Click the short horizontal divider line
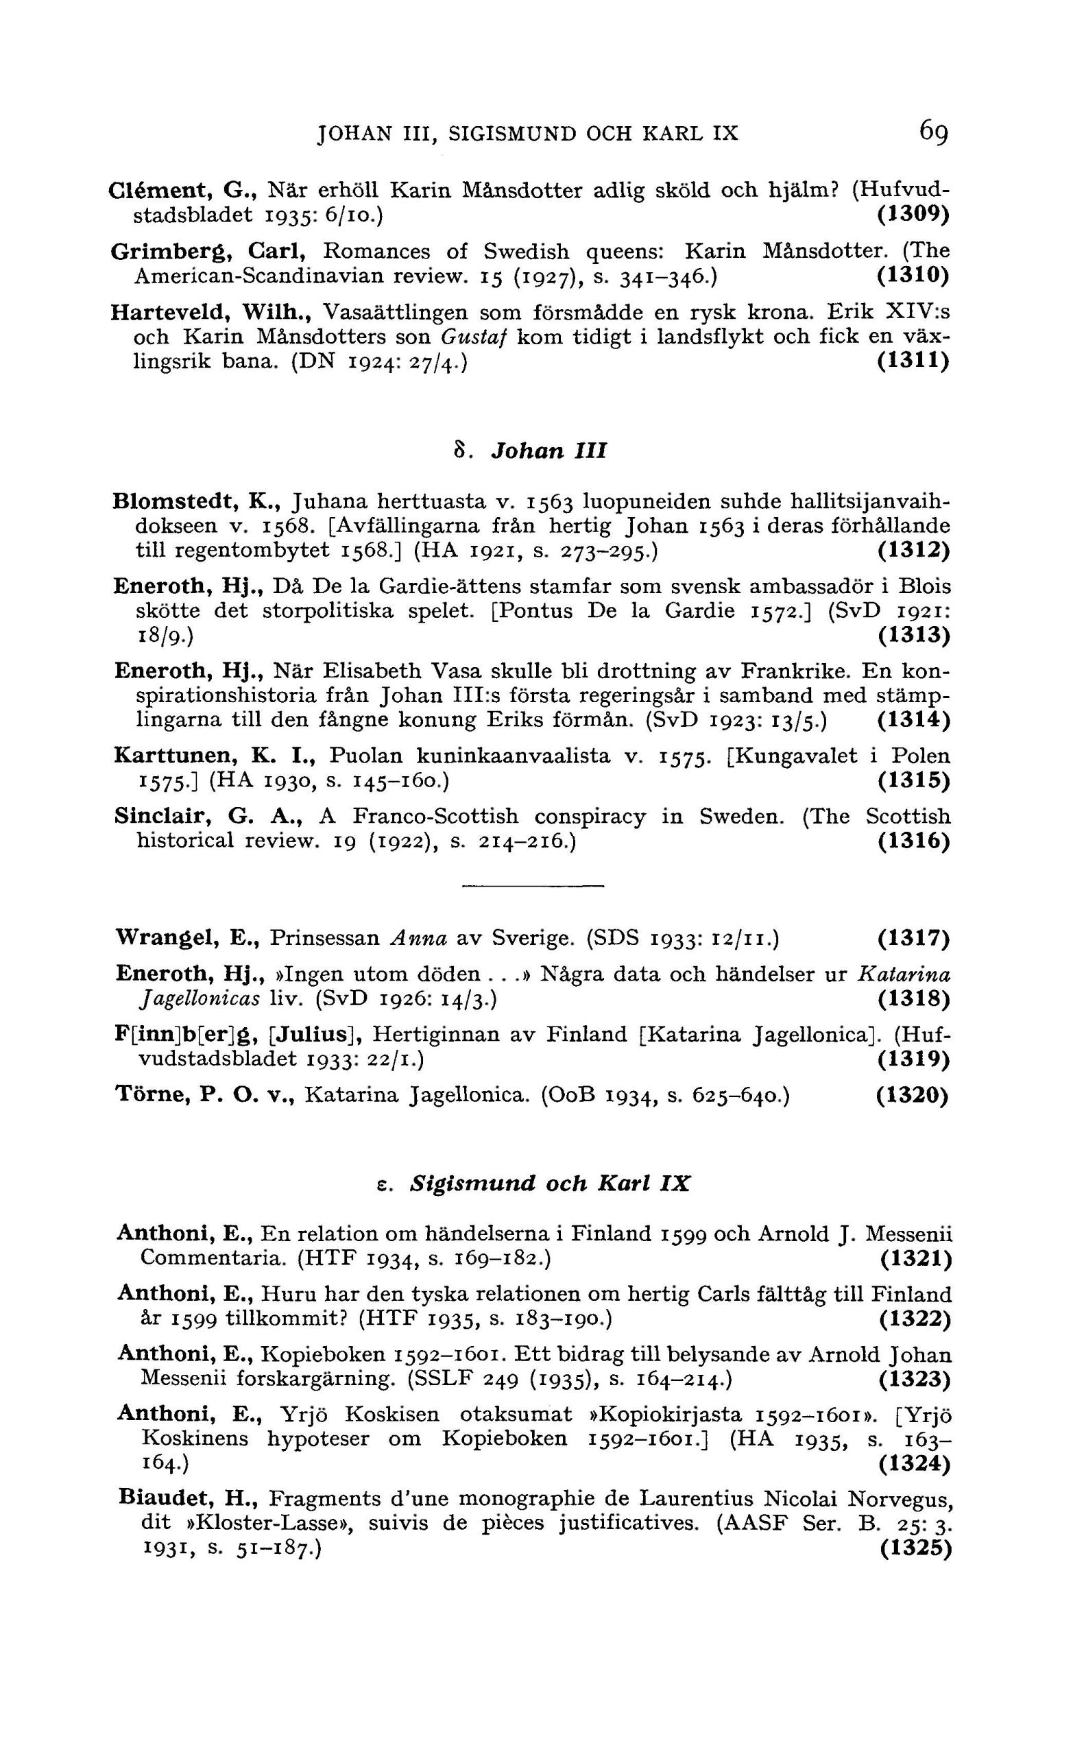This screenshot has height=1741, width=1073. (532, 886)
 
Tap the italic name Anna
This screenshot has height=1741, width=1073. (419, 939)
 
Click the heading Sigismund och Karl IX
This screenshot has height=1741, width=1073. (550, 1183)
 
